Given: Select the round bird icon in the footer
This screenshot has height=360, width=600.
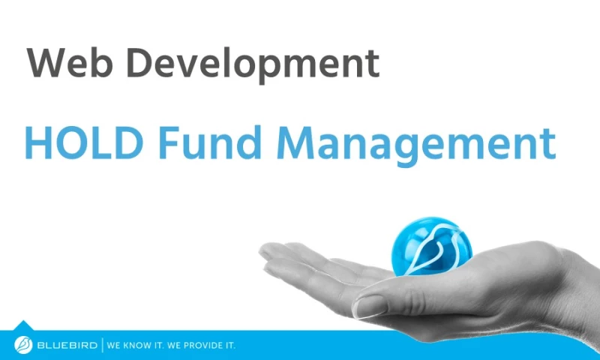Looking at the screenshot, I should tap(23, 345).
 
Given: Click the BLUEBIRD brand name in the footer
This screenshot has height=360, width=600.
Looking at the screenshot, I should tap(67, 346).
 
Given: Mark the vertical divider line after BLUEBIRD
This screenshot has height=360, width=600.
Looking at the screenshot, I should tap(102, 346).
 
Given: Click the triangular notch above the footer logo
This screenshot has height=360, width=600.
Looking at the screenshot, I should tap(23, 325).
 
